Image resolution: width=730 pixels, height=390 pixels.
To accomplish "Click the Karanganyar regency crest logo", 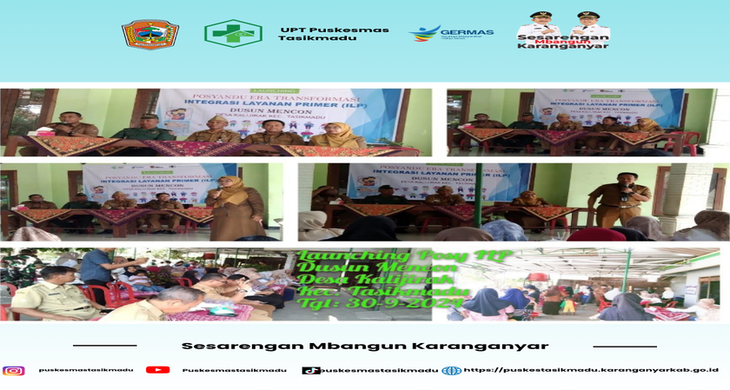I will click(x=149, y=34).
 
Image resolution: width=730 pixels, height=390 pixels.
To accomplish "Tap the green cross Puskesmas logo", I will click(x=233, y=33).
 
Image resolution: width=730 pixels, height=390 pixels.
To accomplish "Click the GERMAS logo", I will click(x=451, y=33).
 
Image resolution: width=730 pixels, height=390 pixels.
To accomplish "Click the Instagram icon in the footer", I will click(x=14, y=370).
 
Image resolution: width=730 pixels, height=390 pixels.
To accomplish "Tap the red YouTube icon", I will click(x=157, y=370).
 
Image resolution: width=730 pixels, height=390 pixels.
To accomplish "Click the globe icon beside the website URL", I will click(x=451, y=370).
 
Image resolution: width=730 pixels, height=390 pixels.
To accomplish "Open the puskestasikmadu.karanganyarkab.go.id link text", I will click(x=591, y=370).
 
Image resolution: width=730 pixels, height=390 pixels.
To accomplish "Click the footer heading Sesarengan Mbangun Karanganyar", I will click(x=364, y=345).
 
